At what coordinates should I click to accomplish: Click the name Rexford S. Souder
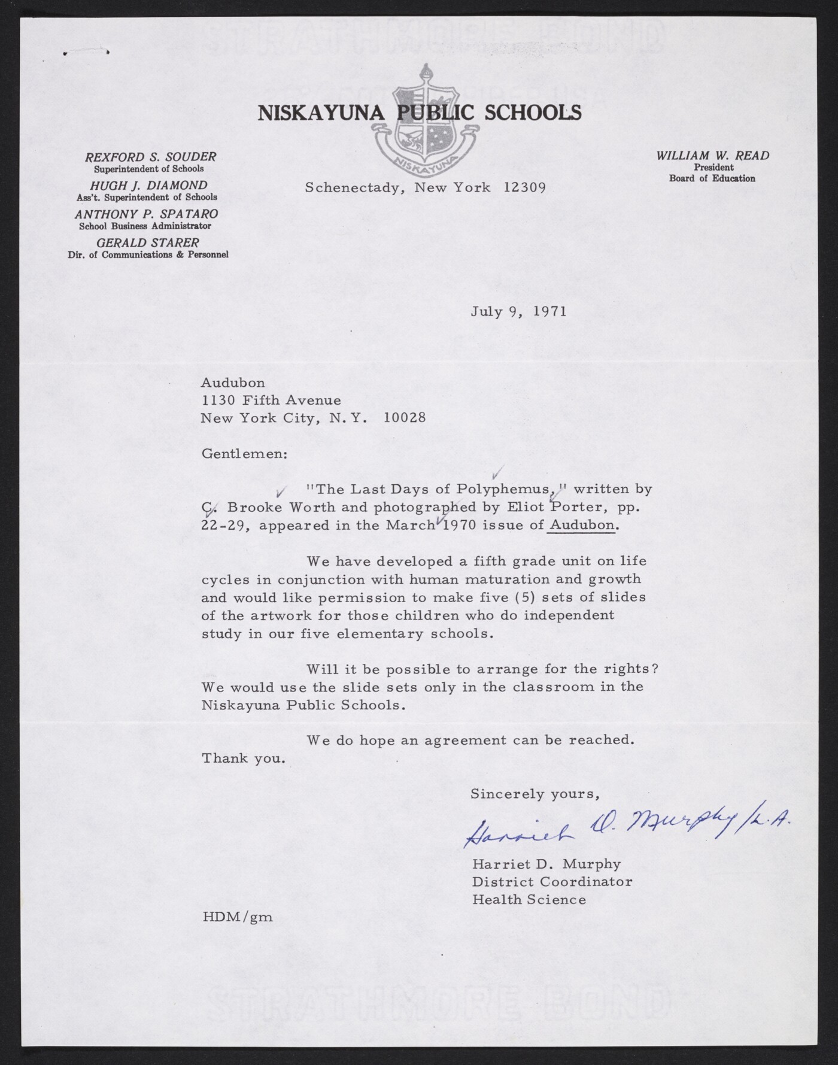(x=150, y=157)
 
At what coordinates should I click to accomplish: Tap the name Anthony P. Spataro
(x=146, y=214)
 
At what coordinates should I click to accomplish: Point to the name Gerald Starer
(x=148, y=242)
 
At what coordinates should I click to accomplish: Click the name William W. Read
(x=712, y=156)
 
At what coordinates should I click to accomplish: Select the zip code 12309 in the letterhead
(x=524, y=187)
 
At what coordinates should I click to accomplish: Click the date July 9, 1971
(x=518, y=312)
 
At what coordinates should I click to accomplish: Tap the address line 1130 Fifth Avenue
(x=271, y=400)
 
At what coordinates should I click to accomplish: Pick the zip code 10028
(x=405, y=418)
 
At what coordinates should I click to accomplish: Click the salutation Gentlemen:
(x=244, y=453)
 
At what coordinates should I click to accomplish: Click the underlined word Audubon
(x=582, y=525)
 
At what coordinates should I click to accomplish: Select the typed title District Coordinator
(x=552, y=881)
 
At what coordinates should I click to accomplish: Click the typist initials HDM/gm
(x=237, y=917)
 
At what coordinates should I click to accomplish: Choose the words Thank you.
(x=243, y=758)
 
